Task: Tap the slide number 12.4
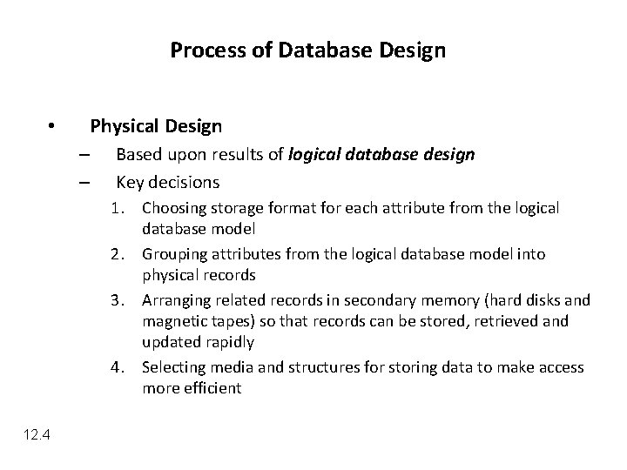pos(37,436)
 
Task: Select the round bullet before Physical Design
pos(52,127)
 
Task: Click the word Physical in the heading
pos(124,127)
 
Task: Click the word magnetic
pos(172,322)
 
